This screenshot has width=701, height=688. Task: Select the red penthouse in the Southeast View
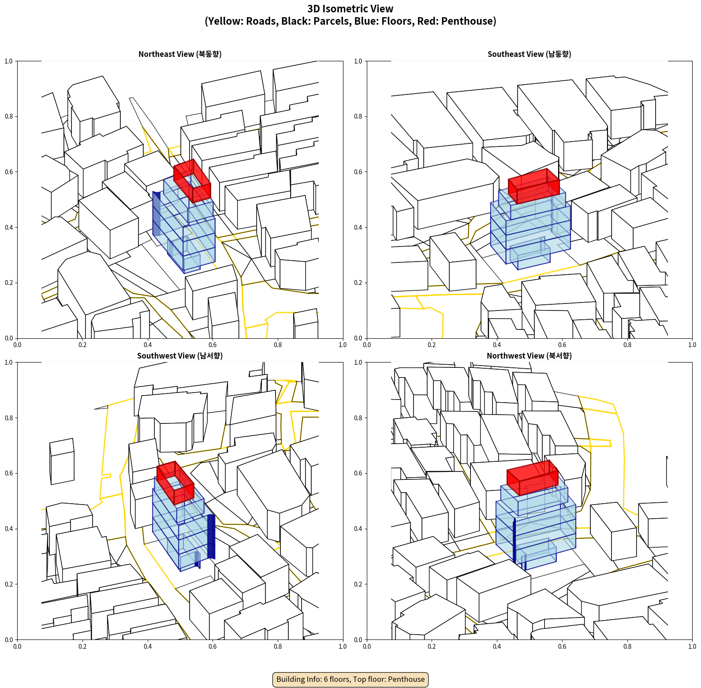point(533,186)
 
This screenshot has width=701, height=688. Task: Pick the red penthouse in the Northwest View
point(533,478)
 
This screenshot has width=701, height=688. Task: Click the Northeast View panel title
point(180,54)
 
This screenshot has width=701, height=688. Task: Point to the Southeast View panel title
point(529,54)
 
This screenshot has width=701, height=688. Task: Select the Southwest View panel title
point(180,355)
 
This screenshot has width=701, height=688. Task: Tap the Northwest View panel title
point(529,355)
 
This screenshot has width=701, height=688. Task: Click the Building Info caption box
point(350,679)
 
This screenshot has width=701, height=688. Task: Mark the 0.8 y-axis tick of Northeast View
point(9,116)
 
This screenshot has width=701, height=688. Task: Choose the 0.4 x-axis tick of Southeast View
point(497,345)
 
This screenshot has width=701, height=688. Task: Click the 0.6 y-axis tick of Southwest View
point(9,473)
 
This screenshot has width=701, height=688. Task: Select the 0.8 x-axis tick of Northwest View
point(627,647)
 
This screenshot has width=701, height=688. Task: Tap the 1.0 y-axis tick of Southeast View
point(358,61)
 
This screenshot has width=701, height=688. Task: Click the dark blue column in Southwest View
point(211,536)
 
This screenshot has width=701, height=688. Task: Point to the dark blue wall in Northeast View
point(157,214)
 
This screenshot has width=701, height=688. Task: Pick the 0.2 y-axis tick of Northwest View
point(358,584)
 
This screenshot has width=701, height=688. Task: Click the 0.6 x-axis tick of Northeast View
point(213,345)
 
